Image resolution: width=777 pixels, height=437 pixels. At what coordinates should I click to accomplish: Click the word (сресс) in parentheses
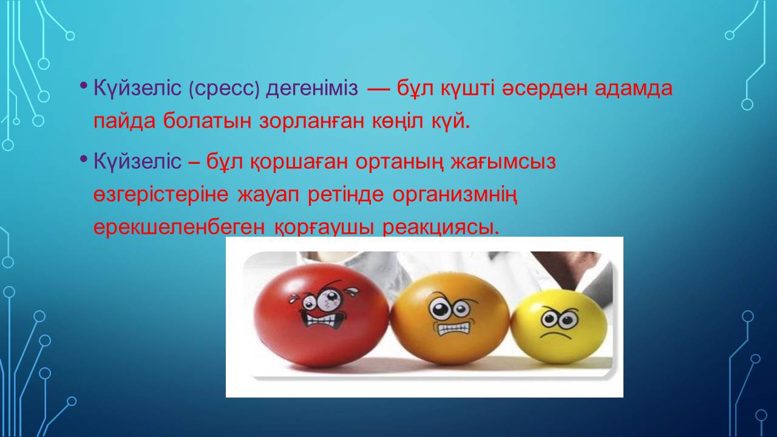coord(224,89)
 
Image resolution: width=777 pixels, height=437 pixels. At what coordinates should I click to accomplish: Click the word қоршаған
coord(299,162)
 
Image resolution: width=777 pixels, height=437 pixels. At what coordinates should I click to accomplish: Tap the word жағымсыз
coord(503,162)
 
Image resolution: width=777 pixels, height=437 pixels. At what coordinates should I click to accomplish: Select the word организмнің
coord(455,195)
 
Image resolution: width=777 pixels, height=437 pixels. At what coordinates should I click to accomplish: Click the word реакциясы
coord(441,228)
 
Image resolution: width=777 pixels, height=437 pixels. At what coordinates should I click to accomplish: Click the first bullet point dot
coord(83,85)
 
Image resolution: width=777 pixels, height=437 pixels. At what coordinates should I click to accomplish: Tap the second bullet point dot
coord(83,159)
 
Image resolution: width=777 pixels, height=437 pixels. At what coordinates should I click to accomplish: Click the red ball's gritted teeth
coord(322,319)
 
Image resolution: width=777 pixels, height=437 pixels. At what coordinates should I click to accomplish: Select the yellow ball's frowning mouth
coord(555,335)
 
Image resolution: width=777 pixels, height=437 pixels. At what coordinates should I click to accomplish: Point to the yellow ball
coord(559,327)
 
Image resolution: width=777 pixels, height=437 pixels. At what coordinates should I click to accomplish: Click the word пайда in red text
coord(124,122)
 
